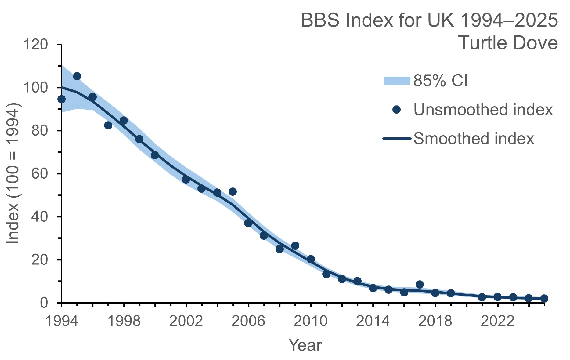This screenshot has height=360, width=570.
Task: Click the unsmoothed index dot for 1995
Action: click(77, 76)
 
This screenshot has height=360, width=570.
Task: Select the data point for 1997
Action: click(108, 125)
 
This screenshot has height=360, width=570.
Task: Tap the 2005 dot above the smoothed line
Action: click(233, 192)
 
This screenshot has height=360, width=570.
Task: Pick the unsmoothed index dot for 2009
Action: click(295, 246)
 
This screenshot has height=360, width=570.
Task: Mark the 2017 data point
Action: click(420, 284)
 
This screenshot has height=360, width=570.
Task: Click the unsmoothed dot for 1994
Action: click(61, 99)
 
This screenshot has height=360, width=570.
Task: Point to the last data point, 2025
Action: click(544, 299)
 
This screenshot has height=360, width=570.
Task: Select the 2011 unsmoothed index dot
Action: click(326, 274)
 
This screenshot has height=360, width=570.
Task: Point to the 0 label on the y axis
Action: click(44, 303)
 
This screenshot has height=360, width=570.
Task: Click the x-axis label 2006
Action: click(248, 322)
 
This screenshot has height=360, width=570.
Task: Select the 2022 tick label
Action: click(497, 322)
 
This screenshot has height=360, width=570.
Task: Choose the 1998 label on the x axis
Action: click(124, 322)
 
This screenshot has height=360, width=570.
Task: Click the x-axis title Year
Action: click(305, 345)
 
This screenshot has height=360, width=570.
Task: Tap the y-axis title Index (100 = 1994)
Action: click(13, 174)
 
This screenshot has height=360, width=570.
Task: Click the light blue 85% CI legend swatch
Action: click(396, 81)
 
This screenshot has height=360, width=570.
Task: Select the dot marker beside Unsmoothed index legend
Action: click(396, 110)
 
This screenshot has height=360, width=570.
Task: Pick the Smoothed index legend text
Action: click(474, 139)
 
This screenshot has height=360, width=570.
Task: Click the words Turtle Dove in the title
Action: click(508, 43)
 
